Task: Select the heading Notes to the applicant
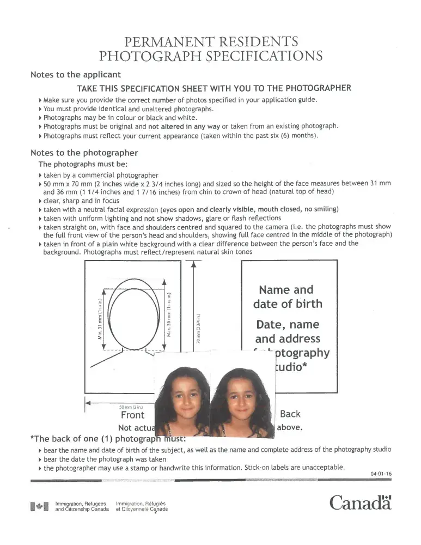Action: click(x=76, y=75)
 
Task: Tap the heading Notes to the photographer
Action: click(x=84, y=153)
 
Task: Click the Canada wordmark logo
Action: click(x=361, y=502)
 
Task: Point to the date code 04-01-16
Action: click(x=381, y=474)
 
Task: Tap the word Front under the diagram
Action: click(x=132, y=415)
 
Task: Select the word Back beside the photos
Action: click(x=290, y=414)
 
